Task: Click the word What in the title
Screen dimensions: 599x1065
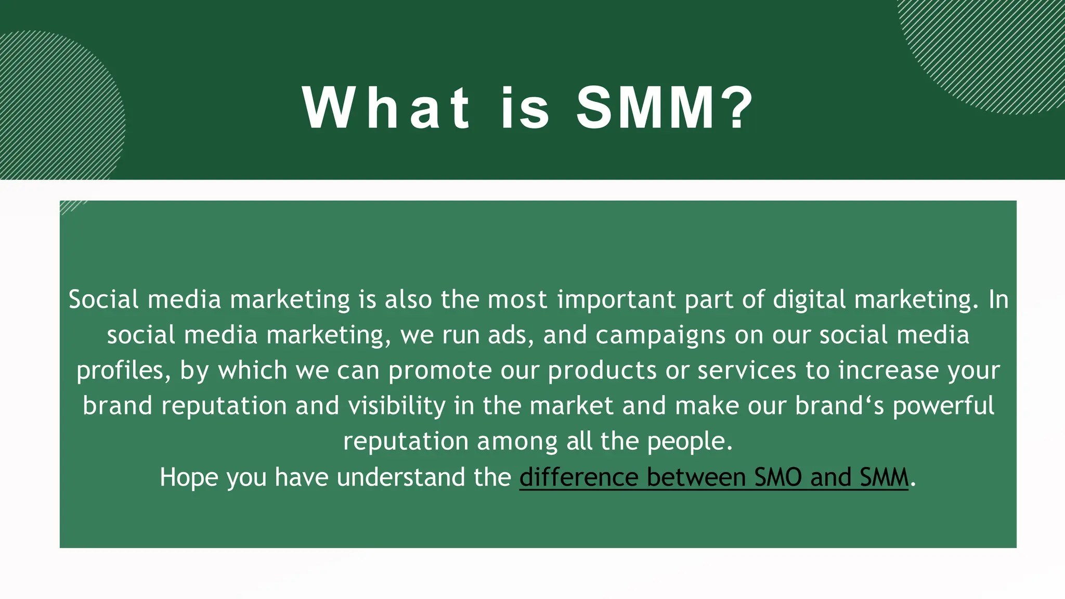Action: (386, 108)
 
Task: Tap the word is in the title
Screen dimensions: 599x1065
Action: (525, 108)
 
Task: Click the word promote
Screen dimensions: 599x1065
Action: (440, 371)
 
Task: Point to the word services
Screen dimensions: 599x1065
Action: (747, 371)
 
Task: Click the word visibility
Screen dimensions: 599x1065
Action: (397, 406)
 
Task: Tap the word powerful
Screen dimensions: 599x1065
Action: (943, 406)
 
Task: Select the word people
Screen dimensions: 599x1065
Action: (690, 442)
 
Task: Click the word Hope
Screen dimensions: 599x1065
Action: (189, 477)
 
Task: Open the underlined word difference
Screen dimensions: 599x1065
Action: (579, 477)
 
